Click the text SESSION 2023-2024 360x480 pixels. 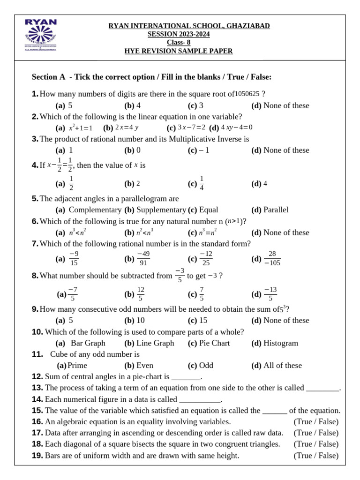179,34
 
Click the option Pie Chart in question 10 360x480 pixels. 214,343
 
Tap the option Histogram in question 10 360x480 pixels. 281,343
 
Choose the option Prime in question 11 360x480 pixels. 77,366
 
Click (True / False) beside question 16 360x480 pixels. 316,422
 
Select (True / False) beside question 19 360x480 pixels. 316,456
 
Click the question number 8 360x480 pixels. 35,276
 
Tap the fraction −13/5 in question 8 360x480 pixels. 270,294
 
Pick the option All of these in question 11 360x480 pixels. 283,366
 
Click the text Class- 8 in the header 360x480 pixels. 179,43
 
